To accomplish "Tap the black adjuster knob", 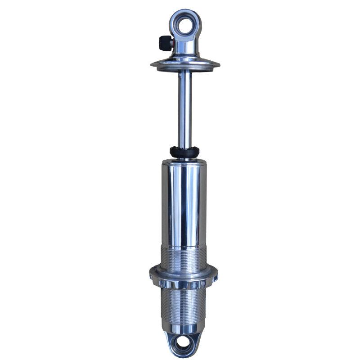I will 164,43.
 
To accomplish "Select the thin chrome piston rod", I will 184,108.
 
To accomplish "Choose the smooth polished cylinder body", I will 184,202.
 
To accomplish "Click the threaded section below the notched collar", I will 184,304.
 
